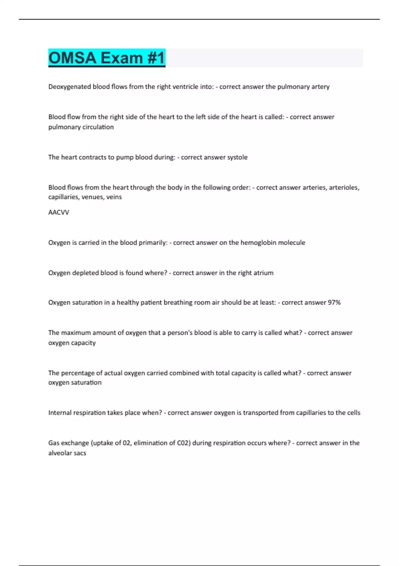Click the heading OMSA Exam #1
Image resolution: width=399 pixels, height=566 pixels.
coord(107,58)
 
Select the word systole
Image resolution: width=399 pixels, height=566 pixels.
coord(237,157)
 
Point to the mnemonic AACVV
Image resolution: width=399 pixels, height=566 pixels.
coord(59,212)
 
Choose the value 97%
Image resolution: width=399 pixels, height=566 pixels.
coord(334,302)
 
